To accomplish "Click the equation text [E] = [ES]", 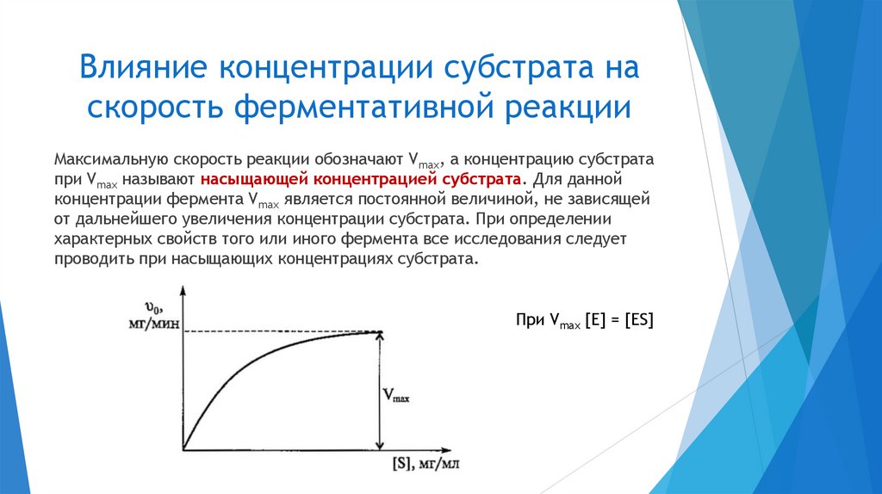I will [x=618, y=320].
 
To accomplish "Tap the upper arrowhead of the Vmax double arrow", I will [x=380, y=337].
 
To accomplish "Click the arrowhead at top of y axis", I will [x=183, y=297].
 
